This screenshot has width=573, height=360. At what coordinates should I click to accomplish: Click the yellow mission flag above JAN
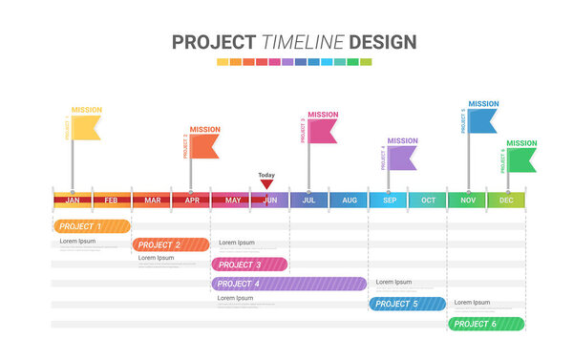pos(86,128)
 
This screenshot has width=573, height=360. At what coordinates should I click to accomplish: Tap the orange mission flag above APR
pos(204,146)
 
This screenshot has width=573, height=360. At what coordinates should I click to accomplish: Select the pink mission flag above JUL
pos(323,131)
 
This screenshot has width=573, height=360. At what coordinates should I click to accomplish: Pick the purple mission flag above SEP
pos(402,158)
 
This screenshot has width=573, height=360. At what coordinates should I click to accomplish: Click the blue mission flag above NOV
pos(482,120)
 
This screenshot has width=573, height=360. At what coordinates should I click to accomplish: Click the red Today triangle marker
pos(266,184)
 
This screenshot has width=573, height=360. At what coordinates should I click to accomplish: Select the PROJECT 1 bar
pos(92,226)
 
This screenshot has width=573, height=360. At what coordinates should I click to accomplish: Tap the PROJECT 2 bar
pos(170,244)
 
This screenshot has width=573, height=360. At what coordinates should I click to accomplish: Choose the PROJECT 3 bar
pos(249,265)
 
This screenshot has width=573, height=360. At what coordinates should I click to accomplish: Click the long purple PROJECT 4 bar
pos(288,284)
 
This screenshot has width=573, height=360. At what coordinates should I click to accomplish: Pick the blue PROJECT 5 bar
pos(407,304)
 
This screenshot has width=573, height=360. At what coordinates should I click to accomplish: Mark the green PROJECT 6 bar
pos(485,324)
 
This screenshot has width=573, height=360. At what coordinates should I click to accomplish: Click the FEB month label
pos(112,200)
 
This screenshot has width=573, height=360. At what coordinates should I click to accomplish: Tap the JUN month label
pos(269,200)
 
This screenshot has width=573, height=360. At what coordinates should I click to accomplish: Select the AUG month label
pos(349,200)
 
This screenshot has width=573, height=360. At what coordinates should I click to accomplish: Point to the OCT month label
pos(428,200)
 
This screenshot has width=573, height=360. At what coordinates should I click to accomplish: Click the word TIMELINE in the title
pos(303,42)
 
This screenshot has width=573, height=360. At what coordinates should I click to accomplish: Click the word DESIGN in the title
pos(382,42)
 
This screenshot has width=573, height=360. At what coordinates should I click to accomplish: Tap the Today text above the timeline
pos(266,175)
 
